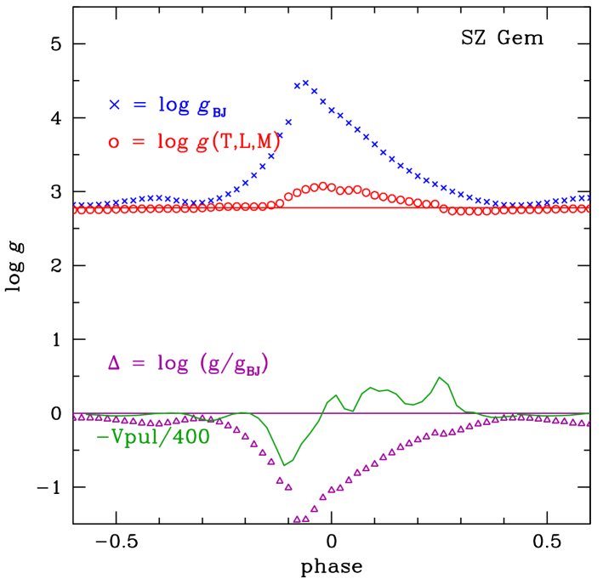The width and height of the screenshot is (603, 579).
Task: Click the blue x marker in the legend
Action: pos(115,105)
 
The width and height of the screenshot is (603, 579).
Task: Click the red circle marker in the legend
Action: pos(115,143)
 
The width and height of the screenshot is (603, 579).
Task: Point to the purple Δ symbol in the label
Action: pos(115,363)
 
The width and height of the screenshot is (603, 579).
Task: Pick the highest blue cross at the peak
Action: pos(305,82)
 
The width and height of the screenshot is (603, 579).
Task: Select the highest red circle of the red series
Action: pos(322,185)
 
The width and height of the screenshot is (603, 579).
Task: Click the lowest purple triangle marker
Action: pos(297,519)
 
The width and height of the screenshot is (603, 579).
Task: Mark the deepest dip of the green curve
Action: pos(285,464)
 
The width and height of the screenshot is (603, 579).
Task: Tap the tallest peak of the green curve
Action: pos(440,377)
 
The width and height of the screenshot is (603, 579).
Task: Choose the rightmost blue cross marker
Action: pos(588,198)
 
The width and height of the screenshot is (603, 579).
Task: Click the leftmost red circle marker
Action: pos(78,210)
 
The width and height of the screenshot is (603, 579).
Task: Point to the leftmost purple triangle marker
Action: pos(77,417)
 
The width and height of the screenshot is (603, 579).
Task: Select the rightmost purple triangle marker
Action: pos(588,423)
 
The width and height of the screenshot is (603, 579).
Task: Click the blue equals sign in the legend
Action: pos(139,105)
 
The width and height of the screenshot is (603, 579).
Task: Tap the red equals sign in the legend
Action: pos(139,143)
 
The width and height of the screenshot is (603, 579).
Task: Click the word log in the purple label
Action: pos(173,364)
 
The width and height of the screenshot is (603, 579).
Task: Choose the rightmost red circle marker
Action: pos(587,208)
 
